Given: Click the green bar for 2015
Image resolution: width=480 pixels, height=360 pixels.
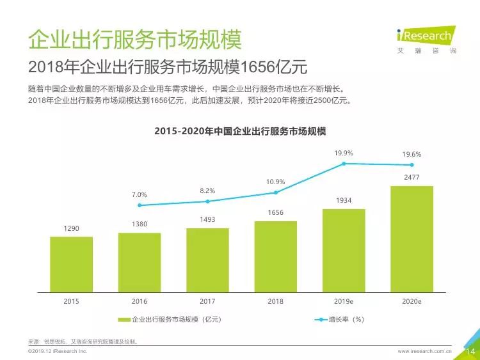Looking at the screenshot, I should [71, 263].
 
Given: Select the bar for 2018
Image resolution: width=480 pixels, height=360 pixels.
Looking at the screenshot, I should [275, 255].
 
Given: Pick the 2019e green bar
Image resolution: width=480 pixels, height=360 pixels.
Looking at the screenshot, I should [344, 249].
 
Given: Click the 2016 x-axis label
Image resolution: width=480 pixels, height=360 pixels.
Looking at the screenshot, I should [140, 301].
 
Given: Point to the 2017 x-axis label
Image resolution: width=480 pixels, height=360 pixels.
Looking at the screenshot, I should [207, 301].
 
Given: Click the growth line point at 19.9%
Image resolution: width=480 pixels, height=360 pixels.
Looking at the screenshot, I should [344, 164].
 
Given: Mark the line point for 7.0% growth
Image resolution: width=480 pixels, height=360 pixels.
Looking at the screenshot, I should [140, 205].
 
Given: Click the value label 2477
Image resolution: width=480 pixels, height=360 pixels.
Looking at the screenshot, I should [412, 176].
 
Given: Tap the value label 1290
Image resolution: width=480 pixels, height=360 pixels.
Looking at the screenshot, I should [71, 228].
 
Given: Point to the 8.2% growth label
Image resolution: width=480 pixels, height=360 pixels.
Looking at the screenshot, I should [207, 191].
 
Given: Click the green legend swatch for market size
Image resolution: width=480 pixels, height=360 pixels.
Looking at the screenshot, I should [124, 320].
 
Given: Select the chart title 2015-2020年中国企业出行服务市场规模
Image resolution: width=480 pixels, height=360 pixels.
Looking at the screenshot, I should [240, 132].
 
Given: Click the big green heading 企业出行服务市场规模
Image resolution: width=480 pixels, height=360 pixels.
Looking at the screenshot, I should [134, 39].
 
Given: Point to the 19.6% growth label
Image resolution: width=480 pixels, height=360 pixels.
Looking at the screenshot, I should [412, 154].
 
